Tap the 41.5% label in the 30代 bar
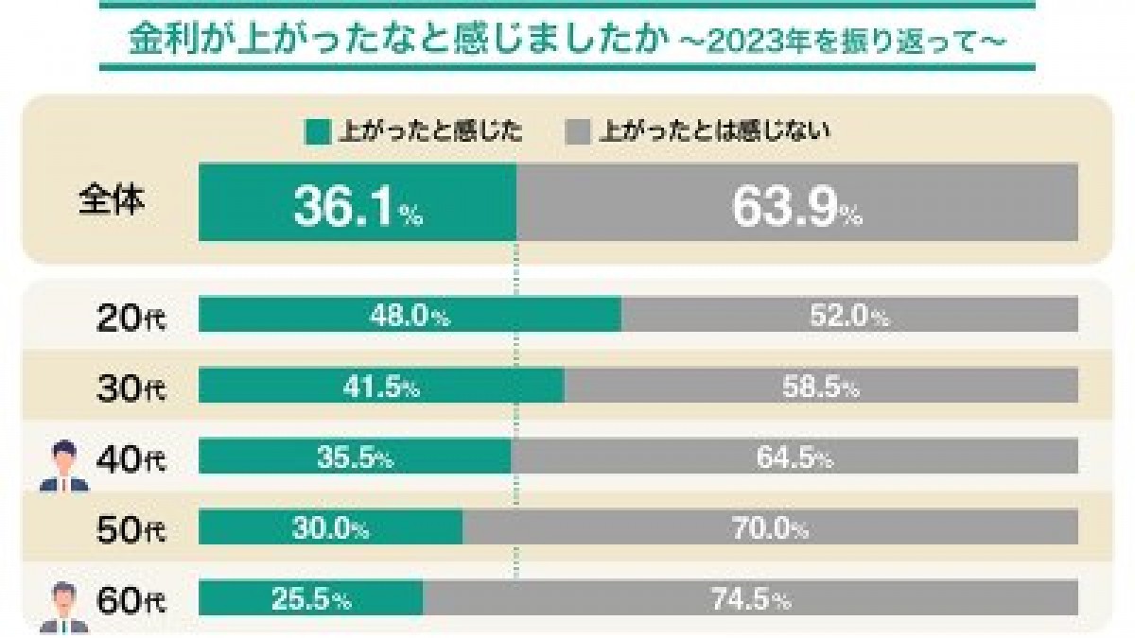click(381, 387)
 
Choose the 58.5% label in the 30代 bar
click(820, 387)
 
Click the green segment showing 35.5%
click(354, 458)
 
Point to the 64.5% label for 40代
click(794, 458)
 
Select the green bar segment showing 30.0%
click(330, 528)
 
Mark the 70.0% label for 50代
click(770, 528)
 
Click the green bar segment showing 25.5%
click(310, 598)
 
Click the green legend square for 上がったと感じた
click(317, 132)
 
